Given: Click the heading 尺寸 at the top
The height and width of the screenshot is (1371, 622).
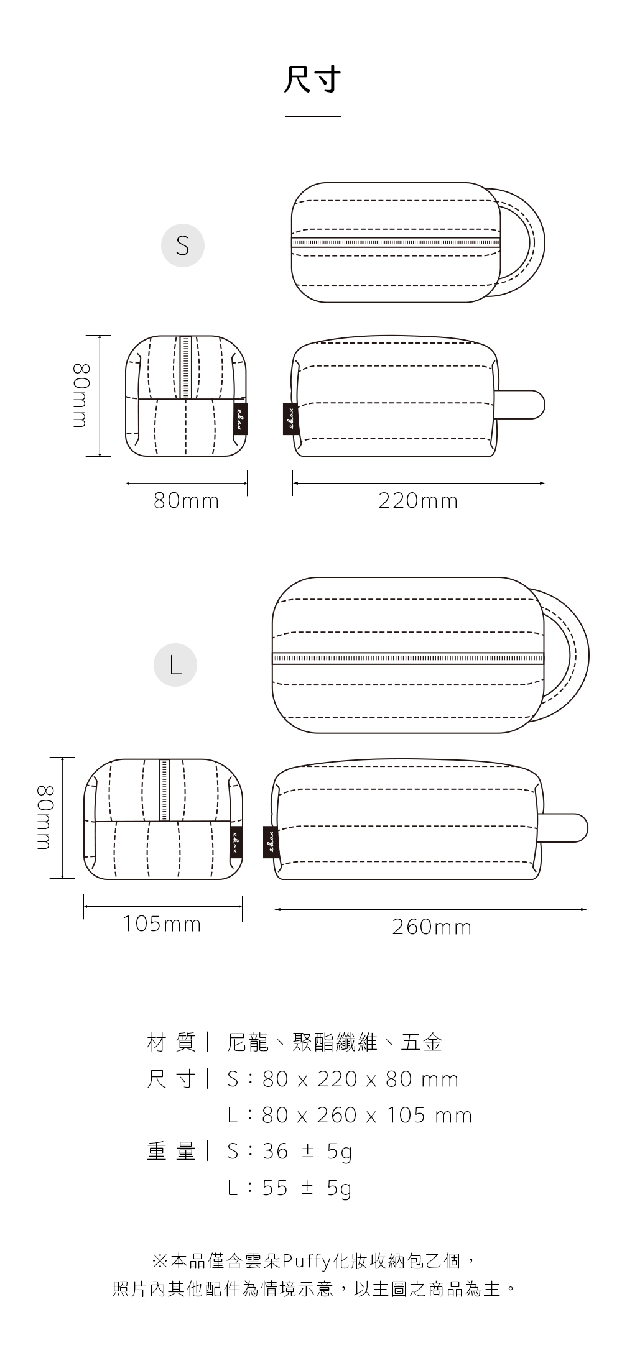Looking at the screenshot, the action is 312,80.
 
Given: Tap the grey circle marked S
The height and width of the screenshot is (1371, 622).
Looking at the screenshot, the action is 183,245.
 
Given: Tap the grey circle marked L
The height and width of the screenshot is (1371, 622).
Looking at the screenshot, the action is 175,665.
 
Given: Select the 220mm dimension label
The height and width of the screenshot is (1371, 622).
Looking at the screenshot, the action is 418,501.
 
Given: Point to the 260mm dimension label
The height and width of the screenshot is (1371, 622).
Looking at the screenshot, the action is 432,927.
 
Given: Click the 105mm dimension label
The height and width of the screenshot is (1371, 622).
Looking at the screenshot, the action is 162,924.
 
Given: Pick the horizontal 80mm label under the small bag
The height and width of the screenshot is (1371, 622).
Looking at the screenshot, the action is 187,501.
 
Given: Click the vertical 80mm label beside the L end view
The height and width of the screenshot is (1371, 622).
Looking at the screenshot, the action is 44,817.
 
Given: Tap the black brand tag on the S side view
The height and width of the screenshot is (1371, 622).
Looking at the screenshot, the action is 290,419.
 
